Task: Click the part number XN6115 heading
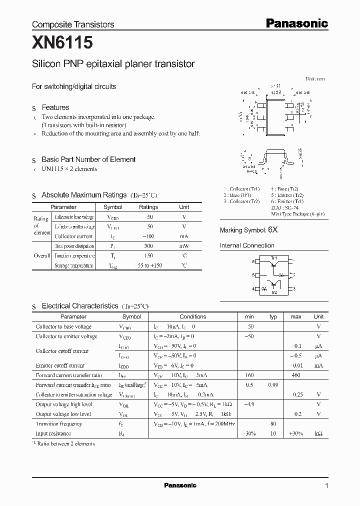[x=62, y=44]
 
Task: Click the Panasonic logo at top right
[x=296, y=23]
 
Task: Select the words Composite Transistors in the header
[x=73, y=24]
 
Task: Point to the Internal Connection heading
[x=247, y=245]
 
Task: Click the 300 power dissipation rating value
[x=148, y=246]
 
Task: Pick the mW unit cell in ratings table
[x=184, y=246]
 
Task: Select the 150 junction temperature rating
[x=148, y=256]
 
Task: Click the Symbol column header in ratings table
[x=112, y=207]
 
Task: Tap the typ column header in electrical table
[x=273, y=316]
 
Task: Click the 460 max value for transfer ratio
[x=296, y=375]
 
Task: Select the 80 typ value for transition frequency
[x=273, y=423]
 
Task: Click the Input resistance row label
[x=53, y=433]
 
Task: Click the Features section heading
[x=55, y=107]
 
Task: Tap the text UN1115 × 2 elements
[x=69, y=169]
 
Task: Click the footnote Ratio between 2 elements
[x=65, y=443]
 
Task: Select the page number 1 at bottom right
[x=326, y=485]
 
